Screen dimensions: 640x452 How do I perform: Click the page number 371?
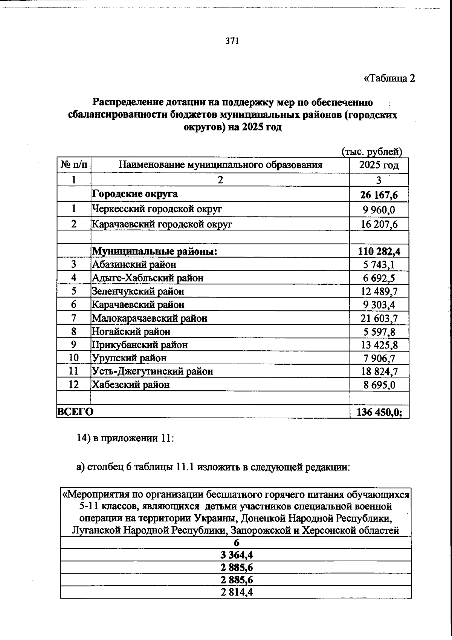pos(232,41)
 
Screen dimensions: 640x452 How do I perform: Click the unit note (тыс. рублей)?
pos(372,152)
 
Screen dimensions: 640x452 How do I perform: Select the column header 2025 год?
pos(379,165)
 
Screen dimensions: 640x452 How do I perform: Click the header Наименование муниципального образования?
pos(220,165)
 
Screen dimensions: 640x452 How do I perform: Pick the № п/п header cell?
pos(74,165)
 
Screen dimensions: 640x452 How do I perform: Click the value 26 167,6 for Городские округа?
pos(379,195)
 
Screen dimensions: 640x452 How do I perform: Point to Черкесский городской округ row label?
pos(157,209)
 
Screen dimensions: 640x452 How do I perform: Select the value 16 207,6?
pos(379,224)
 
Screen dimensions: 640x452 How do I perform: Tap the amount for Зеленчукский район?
pos(379,292)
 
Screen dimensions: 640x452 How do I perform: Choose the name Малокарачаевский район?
pos(150,318)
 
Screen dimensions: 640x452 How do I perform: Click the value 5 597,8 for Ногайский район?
pos(379,332)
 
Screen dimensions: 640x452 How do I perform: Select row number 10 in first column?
pos(74,358)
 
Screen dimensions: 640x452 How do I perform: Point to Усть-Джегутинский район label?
pos(153,371)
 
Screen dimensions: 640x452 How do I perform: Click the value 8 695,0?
pos(379,385)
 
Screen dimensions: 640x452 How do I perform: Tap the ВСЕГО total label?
pos(75,412)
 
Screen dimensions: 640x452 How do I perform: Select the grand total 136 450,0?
pos(379,412)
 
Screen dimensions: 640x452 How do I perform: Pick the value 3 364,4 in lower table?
pos(236,555)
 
